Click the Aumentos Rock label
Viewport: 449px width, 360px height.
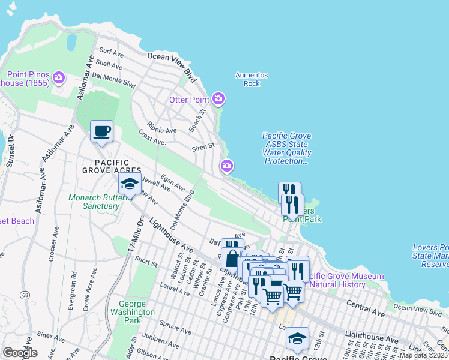click(252, 79)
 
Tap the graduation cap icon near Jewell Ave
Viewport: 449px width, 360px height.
click(129, 185)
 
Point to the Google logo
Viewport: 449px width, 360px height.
click(20, 353)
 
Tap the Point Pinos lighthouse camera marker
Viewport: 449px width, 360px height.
click(58, 77)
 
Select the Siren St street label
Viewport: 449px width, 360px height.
click(203, 146)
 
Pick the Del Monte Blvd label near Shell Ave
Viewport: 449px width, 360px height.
click(113, 80)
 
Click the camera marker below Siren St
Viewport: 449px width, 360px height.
click(227, 166)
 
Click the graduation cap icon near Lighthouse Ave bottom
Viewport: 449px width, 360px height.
click(297, 339)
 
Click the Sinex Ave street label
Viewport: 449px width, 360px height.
click(44, 331)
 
